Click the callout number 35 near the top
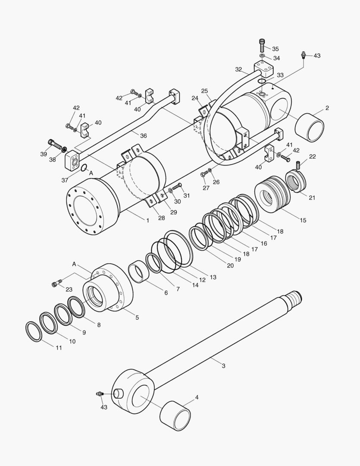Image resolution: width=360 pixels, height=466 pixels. (x=275, y=49)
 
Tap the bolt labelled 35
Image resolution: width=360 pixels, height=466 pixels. (x=262, y=44)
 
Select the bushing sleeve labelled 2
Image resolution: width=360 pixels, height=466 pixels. (x=309, y=128)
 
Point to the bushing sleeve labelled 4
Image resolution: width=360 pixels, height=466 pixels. (x=175, y=416)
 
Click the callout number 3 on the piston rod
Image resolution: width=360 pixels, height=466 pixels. (x=223, y=366)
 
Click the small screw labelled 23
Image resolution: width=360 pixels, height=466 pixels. (x=55, y=283)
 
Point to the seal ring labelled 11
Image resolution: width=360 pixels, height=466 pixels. (x=34, y=331)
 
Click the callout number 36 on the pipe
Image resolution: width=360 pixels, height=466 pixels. (x=143, y=135)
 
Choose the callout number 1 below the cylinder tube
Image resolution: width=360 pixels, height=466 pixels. (x=147, y=220)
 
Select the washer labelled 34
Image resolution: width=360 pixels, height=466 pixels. (x=263, y=56)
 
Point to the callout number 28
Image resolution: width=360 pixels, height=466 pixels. (x=161, y=218)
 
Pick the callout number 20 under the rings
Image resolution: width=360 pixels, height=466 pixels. (x=230, y=265)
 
